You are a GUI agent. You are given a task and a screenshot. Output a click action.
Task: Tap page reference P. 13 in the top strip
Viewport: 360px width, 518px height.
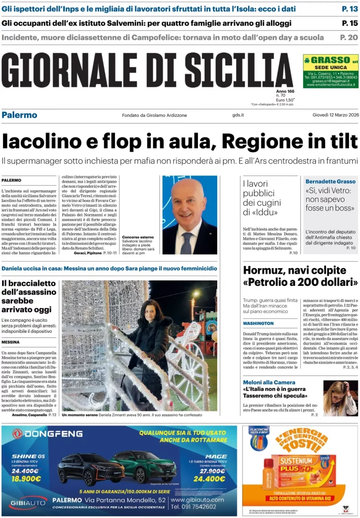(349, 9)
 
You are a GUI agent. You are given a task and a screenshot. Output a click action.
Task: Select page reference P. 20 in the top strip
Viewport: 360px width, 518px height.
(349, 37)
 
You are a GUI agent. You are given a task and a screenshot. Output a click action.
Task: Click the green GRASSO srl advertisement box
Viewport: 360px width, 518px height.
(331, 71)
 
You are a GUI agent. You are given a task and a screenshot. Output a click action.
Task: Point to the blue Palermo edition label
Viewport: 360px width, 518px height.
(19, 115)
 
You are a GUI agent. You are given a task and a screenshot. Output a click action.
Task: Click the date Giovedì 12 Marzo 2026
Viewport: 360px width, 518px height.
(335, 115)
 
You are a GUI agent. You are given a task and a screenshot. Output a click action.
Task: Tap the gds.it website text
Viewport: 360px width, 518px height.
(238, 115)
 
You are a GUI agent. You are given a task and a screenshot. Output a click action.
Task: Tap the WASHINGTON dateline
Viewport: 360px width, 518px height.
(258, 323)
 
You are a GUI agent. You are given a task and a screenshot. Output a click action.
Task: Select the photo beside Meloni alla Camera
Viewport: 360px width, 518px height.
(340, 398)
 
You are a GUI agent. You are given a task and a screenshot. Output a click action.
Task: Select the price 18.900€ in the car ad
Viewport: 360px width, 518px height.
(25, 478)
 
